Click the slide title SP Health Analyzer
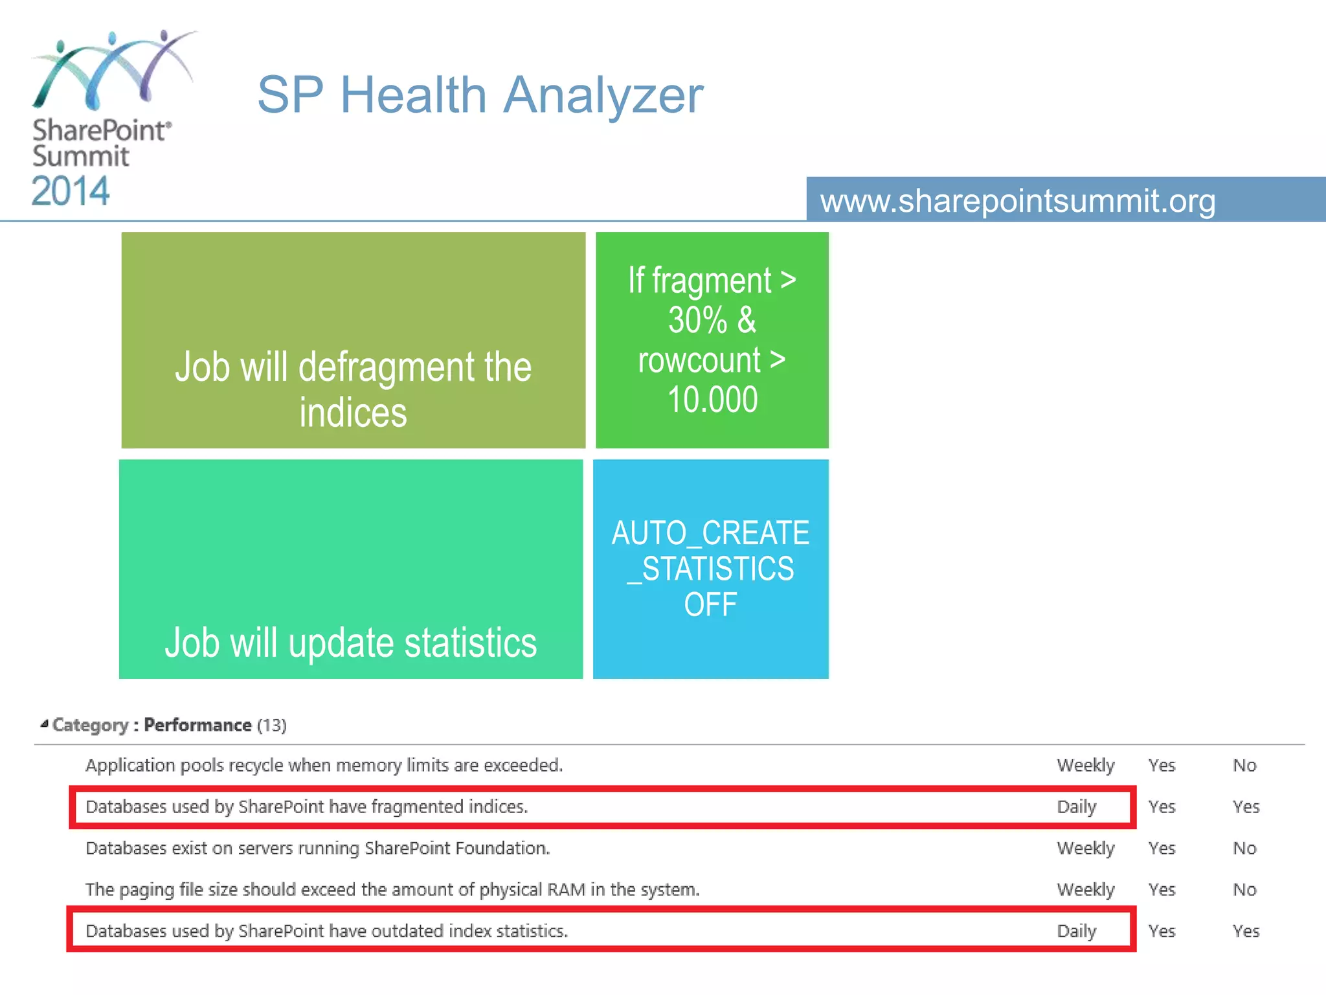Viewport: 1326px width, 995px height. [x=480, y=95]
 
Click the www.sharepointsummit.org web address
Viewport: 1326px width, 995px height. [x=1018, y=201]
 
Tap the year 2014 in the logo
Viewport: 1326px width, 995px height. [x=71, y=191]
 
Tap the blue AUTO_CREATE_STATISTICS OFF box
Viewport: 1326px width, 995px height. [x=711, y=569]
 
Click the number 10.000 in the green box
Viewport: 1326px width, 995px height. [x=712, y=400]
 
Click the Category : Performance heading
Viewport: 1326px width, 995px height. [x=152, y=725]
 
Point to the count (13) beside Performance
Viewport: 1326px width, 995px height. [x=272, y=725]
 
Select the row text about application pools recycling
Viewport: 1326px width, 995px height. [x=324, y=765]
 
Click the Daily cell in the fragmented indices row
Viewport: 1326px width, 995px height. [x=1077, y=806]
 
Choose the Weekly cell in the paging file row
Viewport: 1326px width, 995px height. [x=1086, y=889]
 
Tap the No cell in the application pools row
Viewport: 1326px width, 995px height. [x=1244, y=765]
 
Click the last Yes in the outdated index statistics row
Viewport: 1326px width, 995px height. [x=1246, y=931]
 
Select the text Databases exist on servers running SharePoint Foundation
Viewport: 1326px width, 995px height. [x=318, y=848]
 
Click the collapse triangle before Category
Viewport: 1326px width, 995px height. [x=44, y=724]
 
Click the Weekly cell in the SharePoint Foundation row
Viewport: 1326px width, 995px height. [x=1086, y=848]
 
